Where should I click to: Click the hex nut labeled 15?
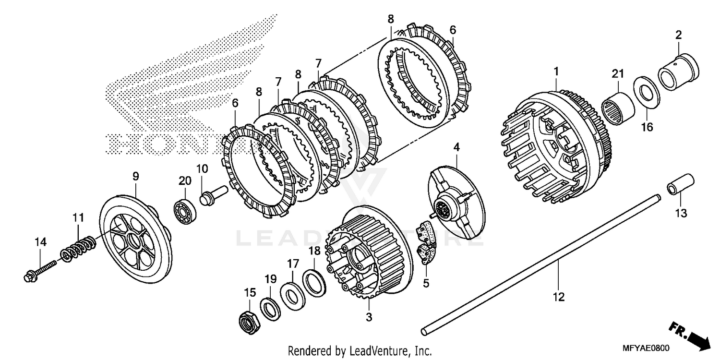coord(249,321)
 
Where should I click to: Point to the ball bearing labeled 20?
coord(185,208)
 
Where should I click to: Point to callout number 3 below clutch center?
coord(368,317)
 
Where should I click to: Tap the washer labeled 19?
coord(271,308)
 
